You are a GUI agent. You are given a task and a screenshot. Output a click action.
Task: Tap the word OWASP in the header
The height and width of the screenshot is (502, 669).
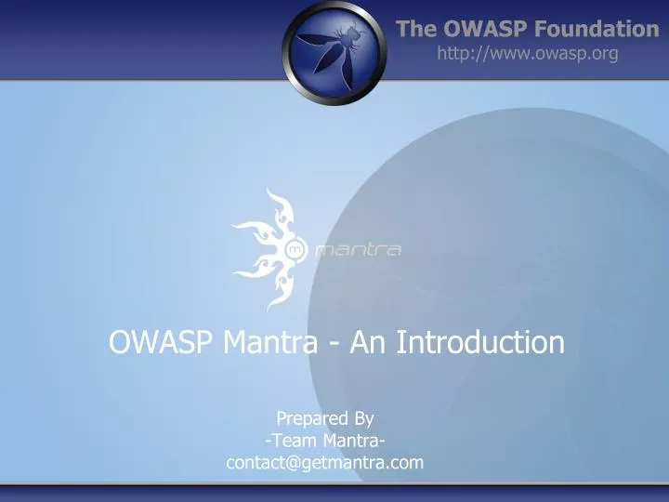point(478,29)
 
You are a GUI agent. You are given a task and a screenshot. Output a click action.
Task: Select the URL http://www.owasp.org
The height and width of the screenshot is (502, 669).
point(527,54)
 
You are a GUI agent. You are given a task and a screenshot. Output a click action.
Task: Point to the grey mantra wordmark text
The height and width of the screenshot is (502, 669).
point(358,249)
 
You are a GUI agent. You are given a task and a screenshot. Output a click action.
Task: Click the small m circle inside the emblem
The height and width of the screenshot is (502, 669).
point(295,249)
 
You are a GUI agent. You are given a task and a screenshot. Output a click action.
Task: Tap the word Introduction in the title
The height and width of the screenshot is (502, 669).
point(480,342)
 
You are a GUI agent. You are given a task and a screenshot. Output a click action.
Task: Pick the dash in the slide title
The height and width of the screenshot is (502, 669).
point(333,344)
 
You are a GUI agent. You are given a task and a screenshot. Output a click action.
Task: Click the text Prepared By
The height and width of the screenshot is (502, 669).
point(324,419)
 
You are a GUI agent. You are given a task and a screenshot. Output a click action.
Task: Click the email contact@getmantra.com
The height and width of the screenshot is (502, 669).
point(324,462)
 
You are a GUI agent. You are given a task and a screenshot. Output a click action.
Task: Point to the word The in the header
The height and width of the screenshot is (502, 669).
point(415,29)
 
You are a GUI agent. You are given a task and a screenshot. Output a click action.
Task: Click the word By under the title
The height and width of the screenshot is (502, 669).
point(361,419)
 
